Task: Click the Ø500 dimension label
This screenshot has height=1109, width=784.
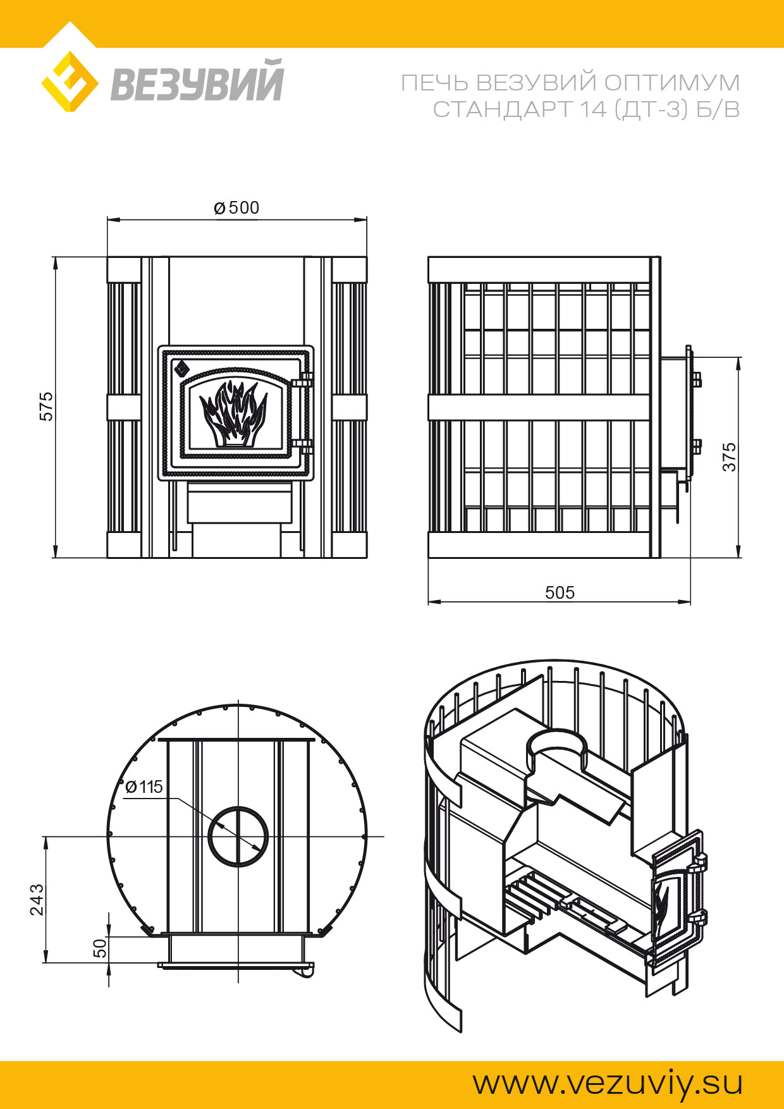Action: click(236, 207)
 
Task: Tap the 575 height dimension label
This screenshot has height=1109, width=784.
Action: click(47, 407)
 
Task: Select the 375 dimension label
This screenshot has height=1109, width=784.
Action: click(730, 456)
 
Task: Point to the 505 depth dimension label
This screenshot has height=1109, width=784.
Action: click(560, 592)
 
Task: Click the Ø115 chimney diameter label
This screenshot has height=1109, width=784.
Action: click(144, 787)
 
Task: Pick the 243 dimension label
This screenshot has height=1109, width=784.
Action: click(37, 899)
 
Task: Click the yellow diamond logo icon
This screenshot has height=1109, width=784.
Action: click(70, 82)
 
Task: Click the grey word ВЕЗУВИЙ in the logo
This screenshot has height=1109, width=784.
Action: click(197, 81)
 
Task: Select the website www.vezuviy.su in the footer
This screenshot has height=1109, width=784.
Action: click(608, 1083)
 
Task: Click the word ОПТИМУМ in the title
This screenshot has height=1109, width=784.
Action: click(671, 83)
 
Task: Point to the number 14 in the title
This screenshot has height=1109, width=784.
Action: click(593, 109)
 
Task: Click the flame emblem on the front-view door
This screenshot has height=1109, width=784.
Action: click(233, 414)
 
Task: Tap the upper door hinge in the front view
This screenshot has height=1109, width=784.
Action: click(303, 381)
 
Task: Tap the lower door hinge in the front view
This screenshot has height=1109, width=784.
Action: click(303, 446)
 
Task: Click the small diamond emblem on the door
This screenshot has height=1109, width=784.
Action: click(182, 367)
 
